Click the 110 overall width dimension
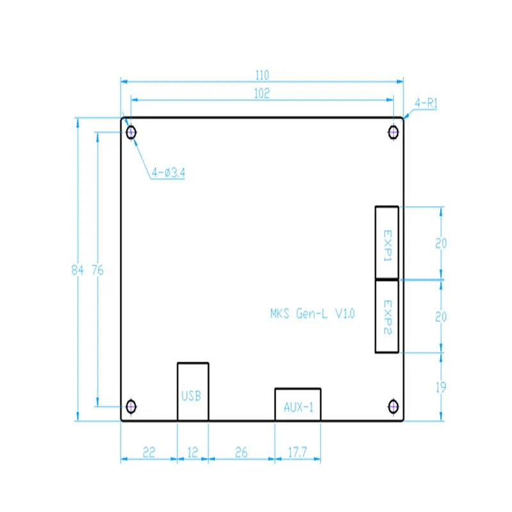coord(262,76)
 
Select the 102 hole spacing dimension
coord(262,93)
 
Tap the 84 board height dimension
coord(77,270)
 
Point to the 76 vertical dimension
coord(98,270)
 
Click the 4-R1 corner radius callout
coord(426,104)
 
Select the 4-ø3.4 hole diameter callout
coord(168,172)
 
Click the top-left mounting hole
coord(131,132)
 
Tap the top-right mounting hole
coord(393,132)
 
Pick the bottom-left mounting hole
coord(131,406)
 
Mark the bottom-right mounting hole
coord(393,406)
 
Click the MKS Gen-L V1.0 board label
coord(312,314)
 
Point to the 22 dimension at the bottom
coord(149,452)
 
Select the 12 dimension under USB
coord(193,452)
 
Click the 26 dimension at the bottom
coord(241,452)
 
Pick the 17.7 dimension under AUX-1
coord(298,452)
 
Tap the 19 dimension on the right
coord(441,387)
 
